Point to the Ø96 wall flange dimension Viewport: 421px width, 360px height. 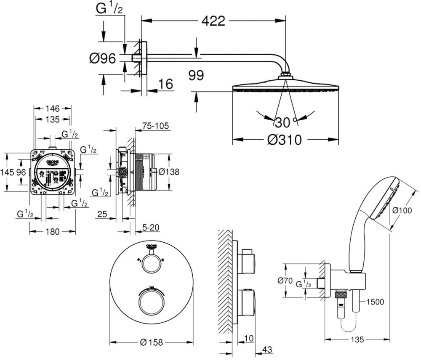point(102,58)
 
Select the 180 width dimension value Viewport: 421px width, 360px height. point(52,231)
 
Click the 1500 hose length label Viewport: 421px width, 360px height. point(375,301)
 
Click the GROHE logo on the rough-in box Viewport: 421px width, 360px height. point(53,162)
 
